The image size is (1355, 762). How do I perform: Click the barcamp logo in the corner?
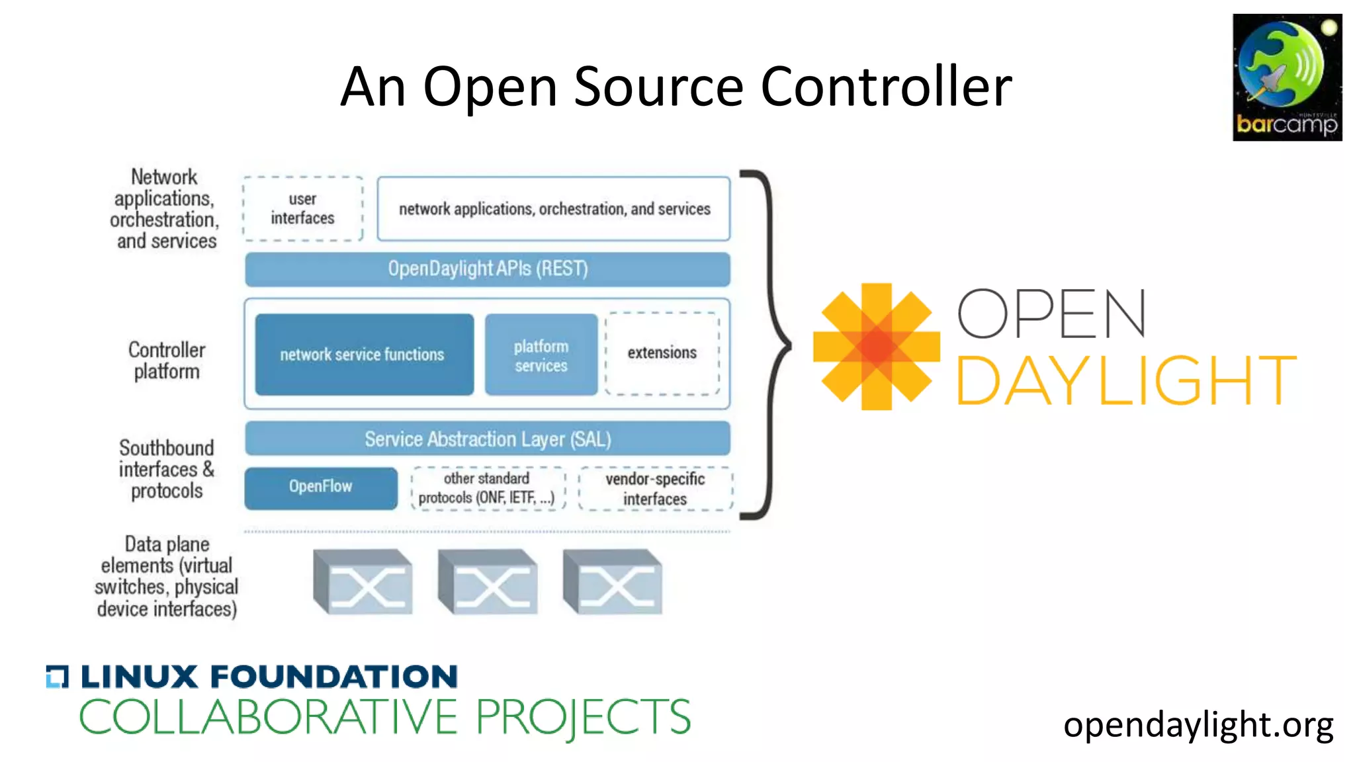tap(1286, 77)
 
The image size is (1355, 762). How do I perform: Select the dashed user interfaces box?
tap(302, 208)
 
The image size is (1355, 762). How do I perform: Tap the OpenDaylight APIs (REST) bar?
tap(488, 269)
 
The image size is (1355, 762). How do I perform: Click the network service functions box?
tap(364, 355)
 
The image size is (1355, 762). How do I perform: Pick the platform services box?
tap(541, 355)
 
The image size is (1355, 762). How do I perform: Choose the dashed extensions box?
tap(662, 353)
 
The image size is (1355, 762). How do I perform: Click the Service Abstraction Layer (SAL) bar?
tap(488, 439)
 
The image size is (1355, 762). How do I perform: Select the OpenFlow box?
tap(321, 487)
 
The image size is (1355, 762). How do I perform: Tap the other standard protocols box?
tap(488, 488)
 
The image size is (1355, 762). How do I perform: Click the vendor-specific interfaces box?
tap(655, 489)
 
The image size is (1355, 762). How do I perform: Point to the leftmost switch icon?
tap(363, 581)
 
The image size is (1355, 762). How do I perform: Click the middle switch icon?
tap(488, 581)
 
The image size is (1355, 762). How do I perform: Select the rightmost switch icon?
tap(613, 581)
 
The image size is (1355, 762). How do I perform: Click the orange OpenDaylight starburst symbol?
tap(876, 347)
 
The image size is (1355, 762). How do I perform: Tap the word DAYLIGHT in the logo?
tap(1125, 380)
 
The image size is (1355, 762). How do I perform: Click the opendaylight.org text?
tap(1198, 725)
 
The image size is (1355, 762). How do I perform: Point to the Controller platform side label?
tap(167, 360)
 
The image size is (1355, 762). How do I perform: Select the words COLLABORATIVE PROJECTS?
tap(384, 717)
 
